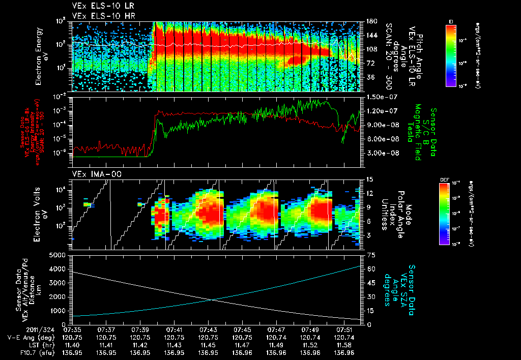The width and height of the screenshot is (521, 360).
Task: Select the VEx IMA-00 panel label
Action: coord(92,174)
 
